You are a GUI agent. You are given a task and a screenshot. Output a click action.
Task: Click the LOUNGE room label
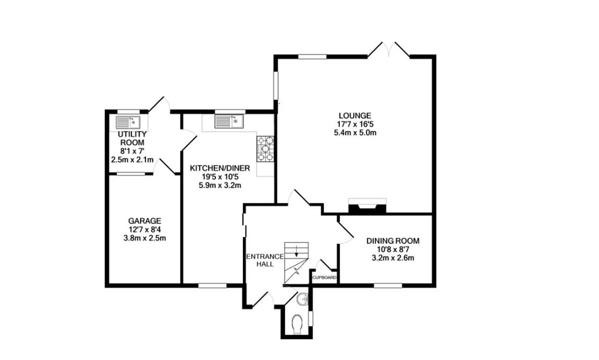click(355, 115)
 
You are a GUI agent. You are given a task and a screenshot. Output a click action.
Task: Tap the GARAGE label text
click(144, 221)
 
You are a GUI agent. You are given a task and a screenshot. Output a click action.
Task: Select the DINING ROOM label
click(393, 241)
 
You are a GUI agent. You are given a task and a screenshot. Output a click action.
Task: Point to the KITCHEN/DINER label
click(220, 168)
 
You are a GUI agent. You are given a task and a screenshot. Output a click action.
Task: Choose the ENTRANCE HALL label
click(265, 260)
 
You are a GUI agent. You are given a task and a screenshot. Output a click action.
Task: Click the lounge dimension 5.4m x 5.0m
click(355, 133)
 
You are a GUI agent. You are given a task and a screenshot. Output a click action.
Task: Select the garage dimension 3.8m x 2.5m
click(144, 238)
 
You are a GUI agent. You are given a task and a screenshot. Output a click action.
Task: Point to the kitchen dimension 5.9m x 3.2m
click(220, 185)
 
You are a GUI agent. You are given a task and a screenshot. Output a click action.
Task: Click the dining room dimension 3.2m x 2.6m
click(393, 258)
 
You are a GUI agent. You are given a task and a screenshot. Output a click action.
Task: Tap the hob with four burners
click(265, 149)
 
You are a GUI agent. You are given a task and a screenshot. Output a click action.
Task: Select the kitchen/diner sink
click(228, 122)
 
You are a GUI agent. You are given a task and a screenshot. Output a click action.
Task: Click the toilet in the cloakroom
click(296, 325)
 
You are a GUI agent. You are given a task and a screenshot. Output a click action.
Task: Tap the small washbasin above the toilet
click(303, 297)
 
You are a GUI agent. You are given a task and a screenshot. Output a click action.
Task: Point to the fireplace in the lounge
click(367, 207)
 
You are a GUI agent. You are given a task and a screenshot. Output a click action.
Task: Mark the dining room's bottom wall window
click(388, 285)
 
